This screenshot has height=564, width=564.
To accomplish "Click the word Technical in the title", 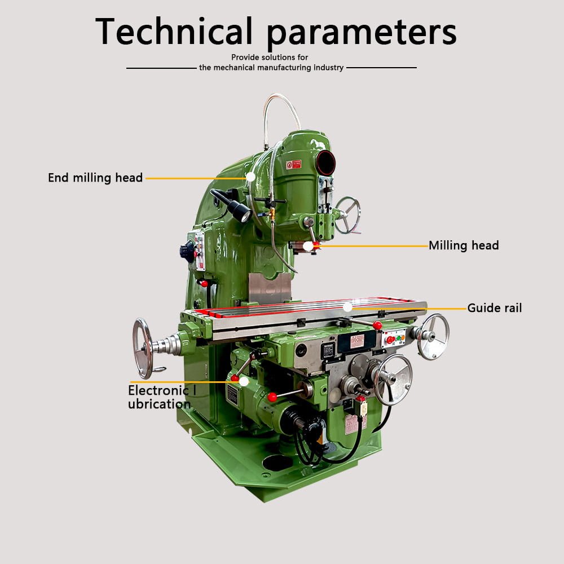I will [174, 32].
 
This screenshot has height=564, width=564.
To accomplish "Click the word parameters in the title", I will [361, 34].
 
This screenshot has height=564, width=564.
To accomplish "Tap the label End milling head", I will [95, 178].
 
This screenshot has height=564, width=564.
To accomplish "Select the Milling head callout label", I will [464, 245].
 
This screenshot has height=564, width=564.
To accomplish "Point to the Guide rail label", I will [495, 308].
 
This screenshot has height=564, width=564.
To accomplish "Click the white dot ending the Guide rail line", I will [348, 307].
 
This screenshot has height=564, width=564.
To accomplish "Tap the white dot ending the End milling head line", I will [250, 177].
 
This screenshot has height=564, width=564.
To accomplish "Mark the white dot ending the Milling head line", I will [308, 246].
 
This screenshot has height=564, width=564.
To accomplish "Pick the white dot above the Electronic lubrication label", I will [244, 381].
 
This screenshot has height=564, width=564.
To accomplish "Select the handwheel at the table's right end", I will [434, 336].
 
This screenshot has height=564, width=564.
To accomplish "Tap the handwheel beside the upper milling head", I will [347, 215].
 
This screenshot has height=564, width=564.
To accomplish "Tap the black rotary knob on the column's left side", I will [188, 250].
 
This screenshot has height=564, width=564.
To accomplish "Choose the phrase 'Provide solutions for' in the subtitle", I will [270, 58].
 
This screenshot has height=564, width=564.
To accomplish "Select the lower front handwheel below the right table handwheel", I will [393, 380].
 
